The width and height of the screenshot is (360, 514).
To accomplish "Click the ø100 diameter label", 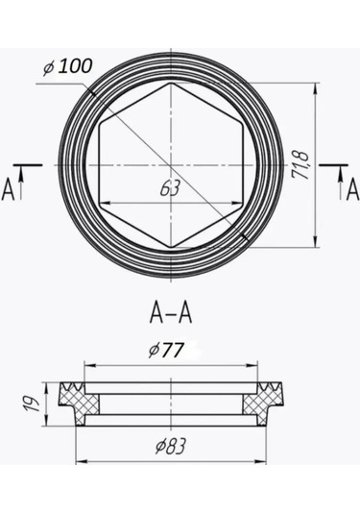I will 67,67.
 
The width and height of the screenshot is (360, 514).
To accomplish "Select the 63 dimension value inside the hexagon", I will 171,189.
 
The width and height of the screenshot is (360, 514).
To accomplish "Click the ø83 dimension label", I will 171,445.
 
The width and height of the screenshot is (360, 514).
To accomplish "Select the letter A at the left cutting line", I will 10,187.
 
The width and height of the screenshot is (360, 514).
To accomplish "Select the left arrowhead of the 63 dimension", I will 104,202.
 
